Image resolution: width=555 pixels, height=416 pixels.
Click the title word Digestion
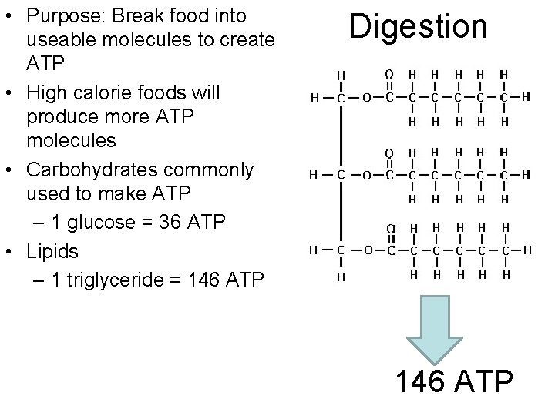[418, 27]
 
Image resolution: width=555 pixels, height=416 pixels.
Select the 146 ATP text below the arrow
[453, 381]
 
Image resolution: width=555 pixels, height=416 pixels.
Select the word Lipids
[52, 251]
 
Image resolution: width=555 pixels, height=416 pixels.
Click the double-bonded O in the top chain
[390, 74]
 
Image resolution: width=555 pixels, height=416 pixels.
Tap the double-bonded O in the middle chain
[390, 153]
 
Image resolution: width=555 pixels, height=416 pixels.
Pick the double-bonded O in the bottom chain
[390, 228]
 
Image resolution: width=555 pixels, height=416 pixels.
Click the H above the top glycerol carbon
[340, 75]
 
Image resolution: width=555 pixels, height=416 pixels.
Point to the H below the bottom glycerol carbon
[340, 276]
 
